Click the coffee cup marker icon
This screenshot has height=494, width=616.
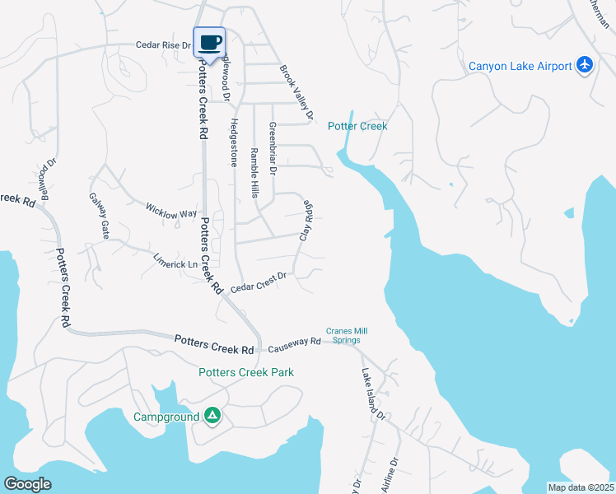pyautogui.click(x=209, y=42)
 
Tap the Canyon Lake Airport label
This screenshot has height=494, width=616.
pyautogui.click(x=520, y=66)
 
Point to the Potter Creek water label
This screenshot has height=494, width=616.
pyautogui.click(x=357, y=126)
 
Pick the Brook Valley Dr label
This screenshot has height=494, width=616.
pyautogui.click(x=297, y=93)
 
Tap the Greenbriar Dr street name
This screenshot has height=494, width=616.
pyautogui.click(x=273, y=149)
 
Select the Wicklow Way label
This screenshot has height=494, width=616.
pyautogui.click(x=171, y=212)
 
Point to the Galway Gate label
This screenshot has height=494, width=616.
pyautogui.click(x=99, y=216)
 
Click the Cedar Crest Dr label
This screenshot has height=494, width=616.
pyautogui.click(x=258, y=282)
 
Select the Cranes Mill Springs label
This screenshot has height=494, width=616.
pyautogui.click(x=347, y=334)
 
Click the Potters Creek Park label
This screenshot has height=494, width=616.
pyautogui.click(x=246, y=372)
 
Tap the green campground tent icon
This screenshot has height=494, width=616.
pyautogui.click(x=212, y=417)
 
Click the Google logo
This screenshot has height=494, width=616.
pyautogui.click(x=27, y=484)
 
